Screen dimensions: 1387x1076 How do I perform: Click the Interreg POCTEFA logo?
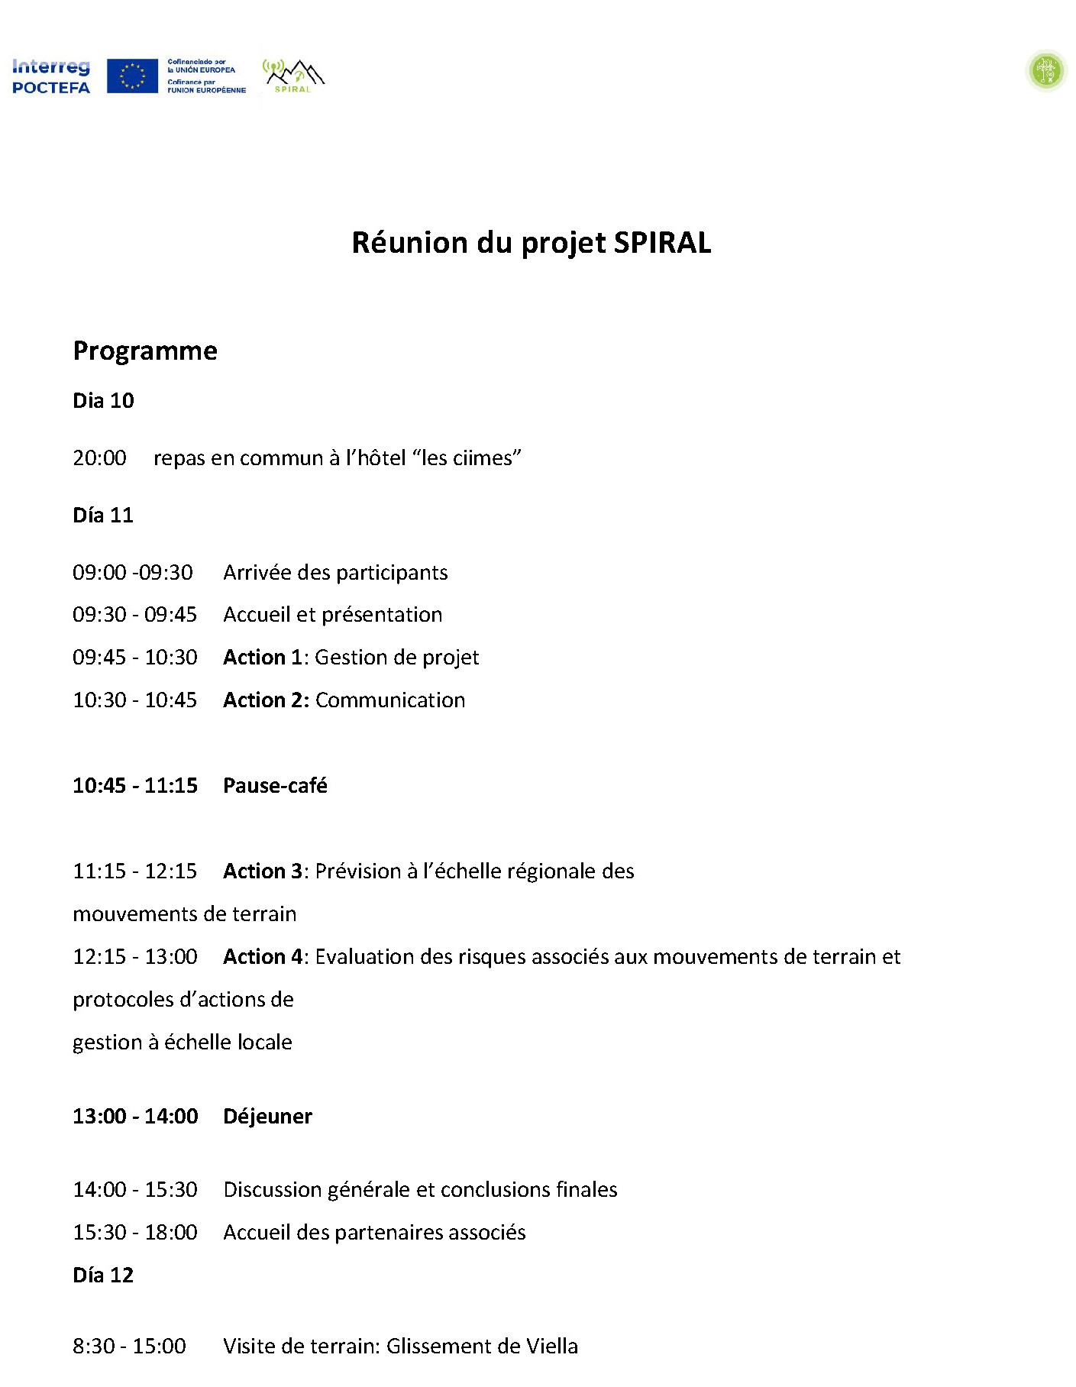click(x=50, y=76)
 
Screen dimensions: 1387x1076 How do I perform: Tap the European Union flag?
click(x=132, y=76)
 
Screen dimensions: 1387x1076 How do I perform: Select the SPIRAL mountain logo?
click(x=293, y=76)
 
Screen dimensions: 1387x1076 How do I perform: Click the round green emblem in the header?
click(x=1045, y=71)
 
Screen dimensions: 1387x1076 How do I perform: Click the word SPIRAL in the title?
click(x=662, y=243)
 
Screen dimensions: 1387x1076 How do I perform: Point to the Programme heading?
click(x=145, y=351)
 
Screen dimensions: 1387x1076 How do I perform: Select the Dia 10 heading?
click(x=103, y=401)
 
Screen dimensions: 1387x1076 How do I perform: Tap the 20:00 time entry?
click(x=99, y=458)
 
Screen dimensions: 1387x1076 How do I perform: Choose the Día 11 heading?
click(x=103, y=516)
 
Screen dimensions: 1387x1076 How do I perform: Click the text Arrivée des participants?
click(x=335, y=573)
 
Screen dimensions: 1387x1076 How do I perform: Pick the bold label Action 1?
click(x=263, y=658)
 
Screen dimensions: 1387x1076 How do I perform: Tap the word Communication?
click(x=389, y=700)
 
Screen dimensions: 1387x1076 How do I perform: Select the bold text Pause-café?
click(x=275, y=786)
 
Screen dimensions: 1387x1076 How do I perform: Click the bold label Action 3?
click(x=263, y=871)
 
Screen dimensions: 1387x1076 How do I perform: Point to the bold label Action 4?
click(x=263, y=957)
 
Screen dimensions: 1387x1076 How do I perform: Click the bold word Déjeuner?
click(x=267, y=1117)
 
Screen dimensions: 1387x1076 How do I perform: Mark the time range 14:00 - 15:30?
click(x=135, y=1190)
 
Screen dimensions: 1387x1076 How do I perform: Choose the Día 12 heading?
click(x=103, y=1275)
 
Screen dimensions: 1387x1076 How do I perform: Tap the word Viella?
click(x=551, y=1347)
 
